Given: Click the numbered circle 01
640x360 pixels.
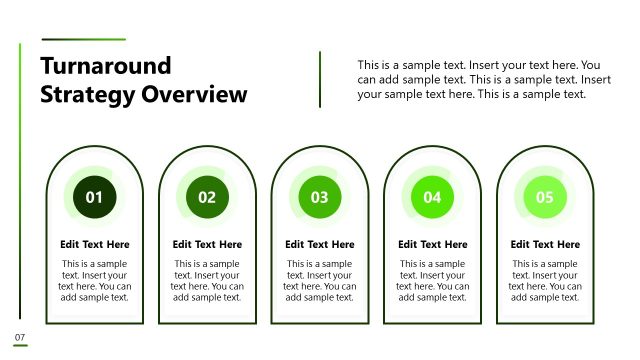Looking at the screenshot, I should (94, 197).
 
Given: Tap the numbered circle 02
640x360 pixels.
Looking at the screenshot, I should (207, 197).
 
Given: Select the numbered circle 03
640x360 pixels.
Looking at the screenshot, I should (320, 197).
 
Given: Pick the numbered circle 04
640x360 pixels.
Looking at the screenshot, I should (432, 197).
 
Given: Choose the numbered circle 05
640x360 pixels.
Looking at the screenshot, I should (545, 197).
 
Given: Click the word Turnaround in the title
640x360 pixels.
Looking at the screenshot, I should (106, 66).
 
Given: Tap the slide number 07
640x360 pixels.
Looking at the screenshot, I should (19, 336).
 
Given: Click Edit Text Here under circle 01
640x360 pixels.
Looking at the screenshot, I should (95, 244).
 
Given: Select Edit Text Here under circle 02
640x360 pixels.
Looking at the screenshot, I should (207, 244).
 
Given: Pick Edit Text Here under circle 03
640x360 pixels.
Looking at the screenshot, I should (320, 244).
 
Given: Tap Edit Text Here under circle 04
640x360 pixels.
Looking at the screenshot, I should (432, 244).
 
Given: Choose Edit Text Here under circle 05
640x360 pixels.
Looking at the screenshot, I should (545, 244).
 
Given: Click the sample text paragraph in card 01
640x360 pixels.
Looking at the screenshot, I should (95, 280).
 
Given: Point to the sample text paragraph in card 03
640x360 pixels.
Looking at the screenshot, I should (320, 280).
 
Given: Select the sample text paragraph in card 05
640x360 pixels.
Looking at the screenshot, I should (545, 280).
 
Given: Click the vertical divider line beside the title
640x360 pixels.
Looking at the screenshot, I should (320, 79).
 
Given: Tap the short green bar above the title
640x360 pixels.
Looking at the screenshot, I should (83, 40).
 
